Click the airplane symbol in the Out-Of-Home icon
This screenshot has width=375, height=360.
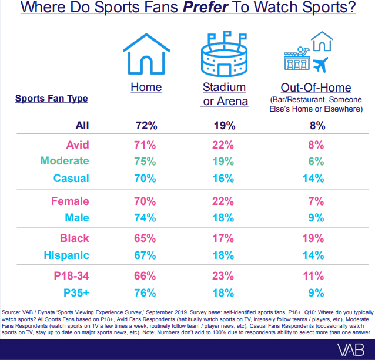click(320, 63)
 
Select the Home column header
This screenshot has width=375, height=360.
click(146, 88)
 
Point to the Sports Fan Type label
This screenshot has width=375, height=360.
click(52, 98)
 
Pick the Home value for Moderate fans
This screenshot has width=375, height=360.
click(144, 161)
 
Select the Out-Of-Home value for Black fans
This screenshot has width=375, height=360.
click(315, 238)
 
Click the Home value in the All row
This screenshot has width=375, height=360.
click(144, 125)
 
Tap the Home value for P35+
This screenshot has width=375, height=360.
click(144, 294)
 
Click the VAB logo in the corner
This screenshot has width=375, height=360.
click(351, 348)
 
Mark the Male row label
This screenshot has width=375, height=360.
click(76, 217)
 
